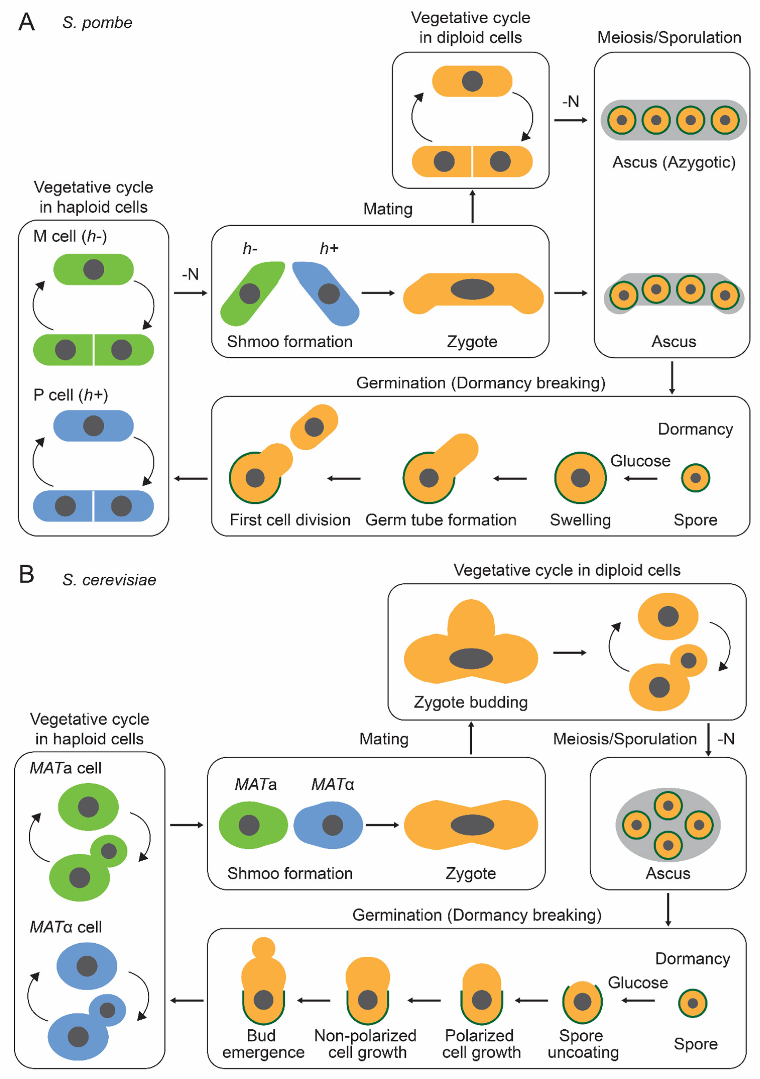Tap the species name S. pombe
[97, 23]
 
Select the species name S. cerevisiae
[109, 580]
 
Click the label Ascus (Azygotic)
[674, 162]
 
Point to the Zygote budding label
[471, 702]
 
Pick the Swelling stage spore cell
[580, 478]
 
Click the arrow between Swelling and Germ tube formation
[510, 478]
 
